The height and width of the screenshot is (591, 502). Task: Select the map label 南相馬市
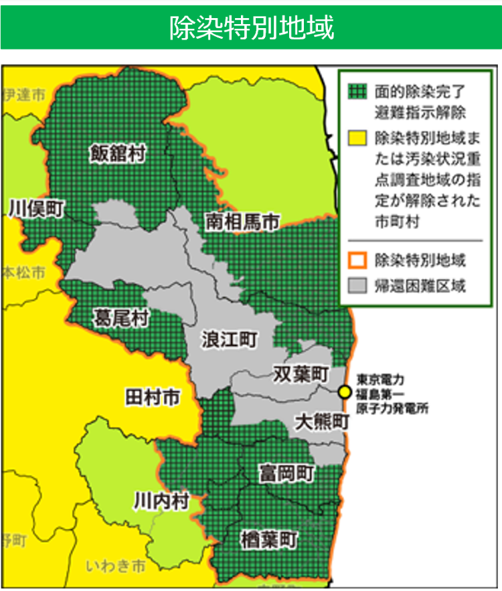click(x=242, y=222)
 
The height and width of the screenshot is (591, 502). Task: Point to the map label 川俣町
click(x=36, y=209)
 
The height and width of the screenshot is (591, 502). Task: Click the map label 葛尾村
click(x=121, y=317)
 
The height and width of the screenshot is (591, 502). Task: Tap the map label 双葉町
click(x=301, y=373)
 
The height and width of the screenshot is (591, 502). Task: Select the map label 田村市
click(x=152, y=398)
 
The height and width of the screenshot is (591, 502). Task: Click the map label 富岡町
click(x=286, y=474)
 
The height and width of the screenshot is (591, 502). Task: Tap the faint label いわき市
click(x=116, y=566)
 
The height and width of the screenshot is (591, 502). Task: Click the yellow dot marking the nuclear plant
click(x=345, y=392)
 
